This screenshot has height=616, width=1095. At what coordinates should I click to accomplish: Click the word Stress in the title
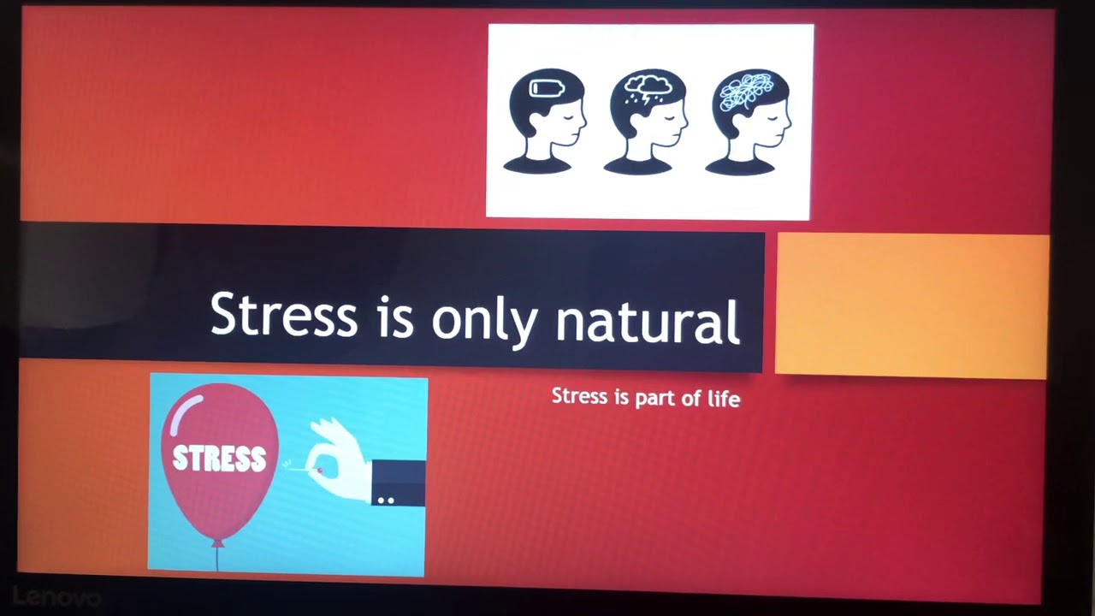click(283, 315)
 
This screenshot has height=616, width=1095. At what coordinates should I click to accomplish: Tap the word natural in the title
click(648, 322)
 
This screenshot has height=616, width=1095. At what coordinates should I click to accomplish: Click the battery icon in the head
click(547, 88)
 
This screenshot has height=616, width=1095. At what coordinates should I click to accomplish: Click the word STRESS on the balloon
click(219, 459)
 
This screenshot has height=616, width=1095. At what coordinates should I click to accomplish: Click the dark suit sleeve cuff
click(398, 483)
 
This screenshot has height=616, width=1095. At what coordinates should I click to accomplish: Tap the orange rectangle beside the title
click(912, 305)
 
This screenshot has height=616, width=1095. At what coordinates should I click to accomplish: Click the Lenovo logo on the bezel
click(56, 596)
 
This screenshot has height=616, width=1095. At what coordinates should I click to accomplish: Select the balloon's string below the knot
click(217, 558)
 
